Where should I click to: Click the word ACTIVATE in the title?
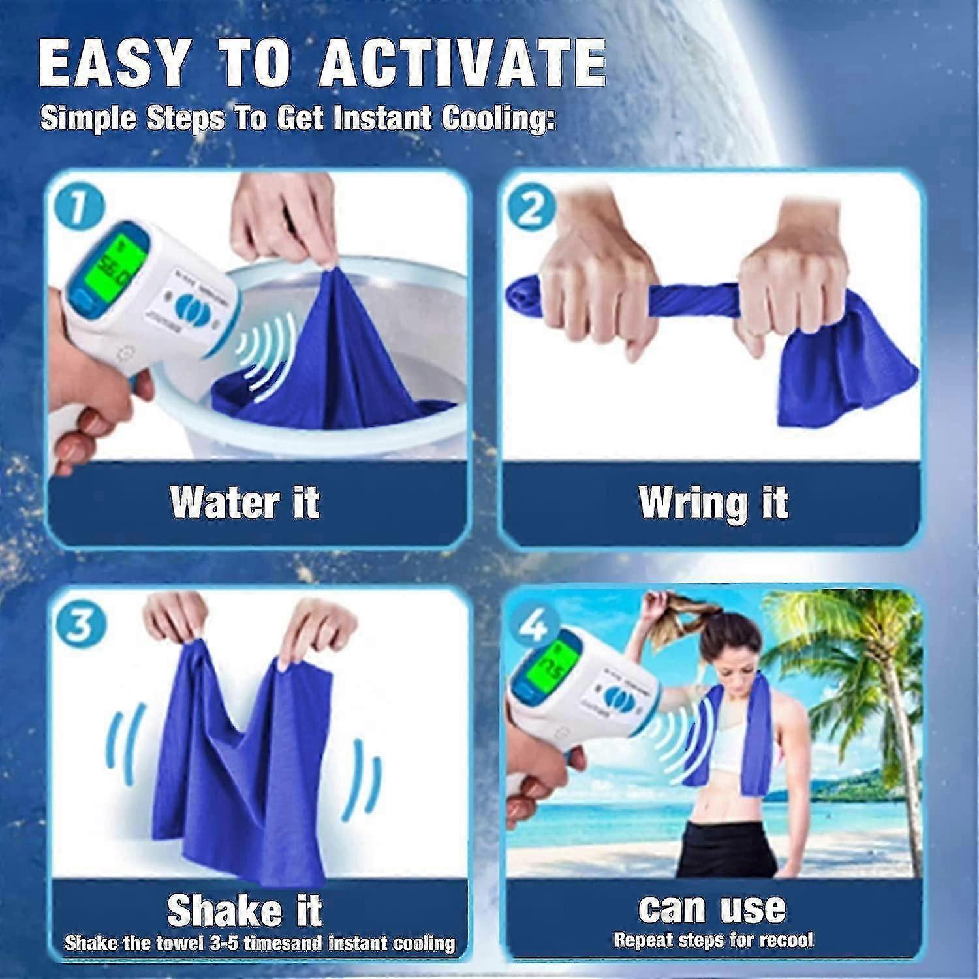click(x=463, y=63)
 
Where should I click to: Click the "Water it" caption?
click(x=245, y=503)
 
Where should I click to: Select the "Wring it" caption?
click(x=713, y=503)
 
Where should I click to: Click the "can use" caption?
click(x=712, y=907)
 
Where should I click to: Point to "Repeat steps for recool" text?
click(x=713, y=940)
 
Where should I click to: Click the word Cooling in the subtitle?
click(x=498, y=119)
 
